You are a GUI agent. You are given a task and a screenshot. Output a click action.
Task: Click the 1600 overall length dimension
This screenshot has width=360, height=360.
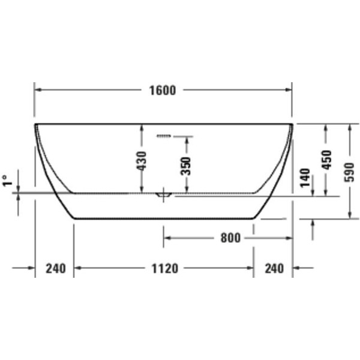(x=163, y=90)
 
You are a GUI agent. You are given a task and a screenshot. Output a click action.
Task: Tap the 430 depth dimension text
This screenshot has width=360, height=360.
(x=142, y=161)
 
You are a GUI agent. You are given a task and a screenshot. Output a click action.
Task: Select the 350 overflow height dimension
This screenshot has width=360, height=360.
(x=186, y=166)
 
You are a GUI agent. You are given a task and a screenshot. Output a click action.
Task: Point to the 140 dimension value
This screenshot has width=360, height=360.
(x=305, y=178)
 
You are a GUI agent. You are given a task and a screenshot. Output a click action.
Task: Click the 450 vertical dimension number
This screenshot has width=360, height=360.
(x=327, y=160)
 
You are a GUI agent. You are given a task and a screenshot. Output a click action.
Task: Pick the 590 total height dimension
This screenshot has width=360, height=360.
(x=349, y=172)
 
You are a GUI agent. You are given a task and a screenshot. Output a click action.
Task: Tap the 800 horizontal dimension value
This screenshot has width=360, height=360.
(x=230, y=238)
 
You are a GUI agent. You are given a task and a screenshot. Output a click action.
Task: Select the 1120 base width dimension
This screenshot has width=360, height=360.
(x=165, y=268)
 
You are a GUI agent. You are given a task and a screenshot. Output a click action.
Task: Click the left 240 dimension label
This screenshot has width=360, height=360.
(x=56, y=268)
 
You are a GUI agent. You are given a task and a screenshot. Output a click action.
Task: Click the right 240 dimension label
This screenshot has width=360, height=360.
(x=274, y=268)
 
